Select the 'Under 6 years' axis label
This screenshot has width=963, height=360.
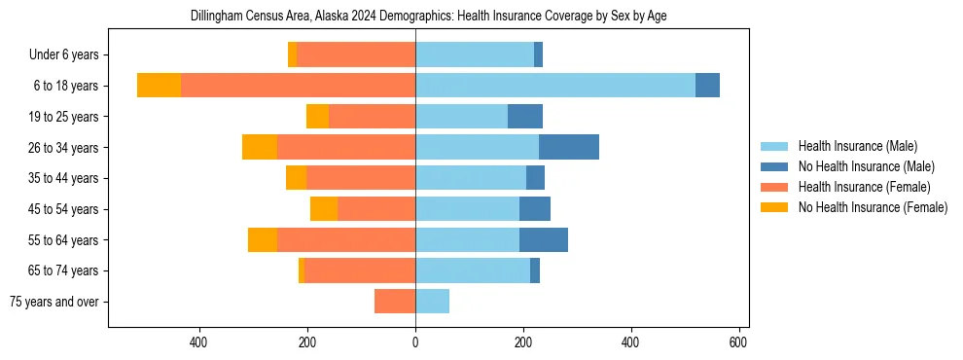pyautogui.click(x=63, y=54)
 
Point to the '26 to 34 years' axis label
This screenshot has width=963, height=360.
pyautogui.click(x=63, y=147)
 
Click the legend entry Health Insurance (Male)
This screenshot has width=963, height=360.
pyautogui.click(x=856, y=146)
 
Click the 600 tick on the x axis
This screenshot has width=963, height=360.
pyautogui.click(x=738, y=342)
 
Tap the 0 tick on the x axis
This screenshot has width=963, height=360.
pyautogui.click(x=415, y=342)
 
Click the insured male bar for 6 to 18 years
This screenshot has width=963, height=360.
pyautogui.click(x=555, y=86)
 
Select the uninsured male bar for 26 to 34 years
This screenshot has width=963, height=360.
pyautogui.click(x=569, y=147)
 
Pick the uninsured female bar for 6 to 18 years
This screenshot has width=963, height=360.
pyautogui.click(x=159, y=86)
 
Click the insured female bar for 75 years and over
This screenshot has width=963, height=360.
pyautogui.click(x=395, y=302)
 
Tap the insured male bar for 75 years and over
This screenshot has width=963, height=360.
pyautogui.click(x=432, y=302)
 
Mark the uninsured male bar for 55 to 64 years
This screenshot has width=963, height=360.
pyautogui.click(x=544, y=239)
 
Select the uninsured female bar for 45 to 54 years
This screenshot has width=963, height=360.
pyautogui.click(x=324, y=209)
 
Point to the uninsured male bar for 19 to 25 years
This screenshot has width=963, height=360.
pyautogui.click(x=525, y=117)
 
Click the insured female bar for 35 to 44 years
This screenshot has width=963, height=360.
pyautogui.click(x=361, y=178)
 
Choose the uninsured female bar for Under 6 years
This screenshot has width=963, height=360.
pyautogui.click(x=293, y=54)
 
